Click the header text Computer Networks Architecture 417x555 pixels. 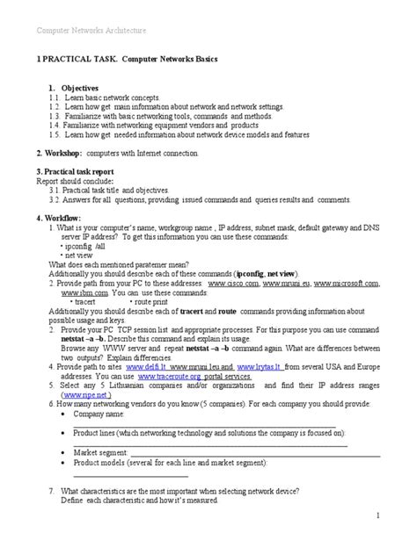[90, 31]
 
